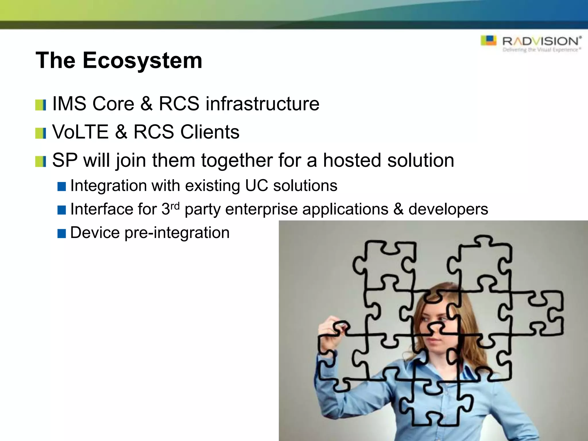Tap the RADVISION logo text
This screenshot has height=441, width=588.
(541, 41)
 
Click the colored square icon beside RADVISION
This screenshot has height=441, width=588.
(488, 40)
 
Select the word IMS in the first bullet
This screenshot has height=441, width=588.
(69, 104)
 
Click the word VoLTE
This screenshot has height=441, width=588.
(80, 132)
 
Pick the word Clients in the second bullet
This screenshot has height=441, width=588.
(210, 132)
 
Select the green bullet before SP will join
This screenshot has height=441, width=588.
(40, 162)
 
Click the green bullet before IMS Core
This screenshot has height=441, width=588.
(40, 105)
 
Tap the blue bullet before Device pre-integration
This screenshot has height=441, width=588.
(62, 233)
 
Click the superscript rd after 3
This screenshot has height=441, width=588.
(175, 206)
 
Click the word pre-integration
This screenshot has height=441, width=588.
(177, 233)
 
